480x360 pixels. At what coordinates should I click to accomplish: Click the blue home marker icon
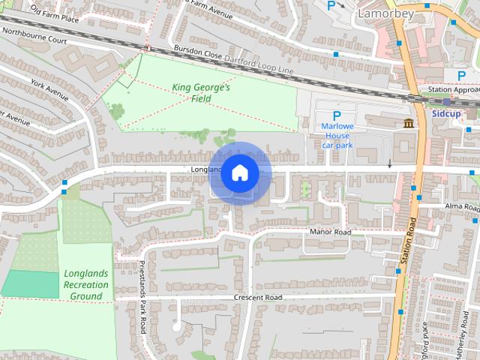tap(239, 172)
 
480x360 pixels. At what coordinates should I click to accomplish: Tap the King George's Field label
tap(201, 93)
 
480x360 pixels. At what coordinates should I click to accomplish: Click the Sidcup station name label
tap(447, 113)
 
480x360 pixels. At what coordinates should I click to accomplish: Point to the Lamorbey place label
tap(385, 13)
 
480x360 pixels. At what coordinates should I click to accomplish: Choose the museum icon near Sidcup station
tap(409, 123)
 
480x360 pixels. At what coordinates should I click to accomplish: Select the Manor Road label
tap(330, 232)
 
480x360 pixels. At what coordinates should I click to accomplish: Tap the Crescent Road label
tap(257, 298)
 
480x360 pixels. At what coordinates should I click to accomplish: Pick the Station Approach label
tap(453, 90)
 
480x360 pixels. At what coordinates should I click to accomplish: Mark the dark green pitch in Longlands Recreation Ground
tap(30, 283)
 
